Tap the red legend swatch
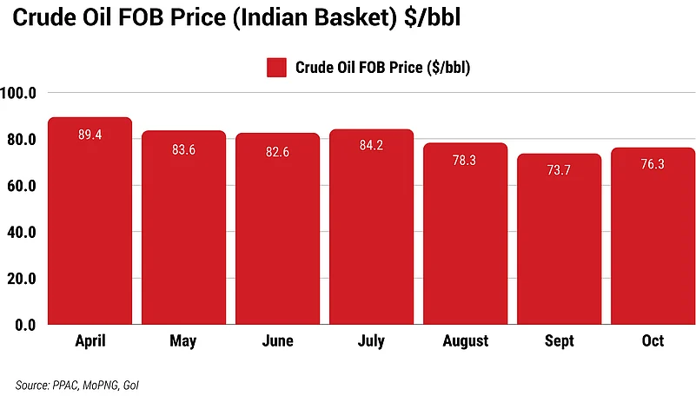click(x=276, y=68)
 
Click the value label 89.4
click(x=90, y=135)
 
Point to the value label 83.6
click(x=184, y=149)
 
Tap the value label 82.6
click(x=278, y=151)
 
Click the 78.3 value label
click(x=465, y=162)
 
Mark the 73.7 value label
click(x=559, y=172)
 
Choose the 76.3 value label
click(x=653, y=166)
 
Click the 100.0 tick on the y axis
click(x=18, y=93)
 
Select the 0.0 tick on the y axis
click(x=24, y=326)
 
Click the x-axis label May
click(x=184, y=341)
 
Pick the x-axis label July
click(x=371, y=341)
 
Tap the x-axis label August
click(x=465, y=341)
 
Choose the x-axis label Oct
click(x=653, y=341)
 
